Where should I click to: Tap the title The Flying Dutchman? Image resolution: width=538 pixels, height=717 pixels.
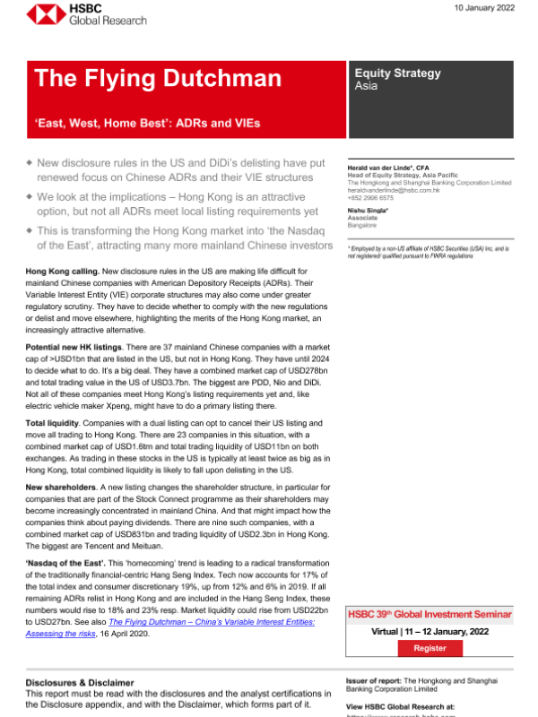point(158,79)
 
